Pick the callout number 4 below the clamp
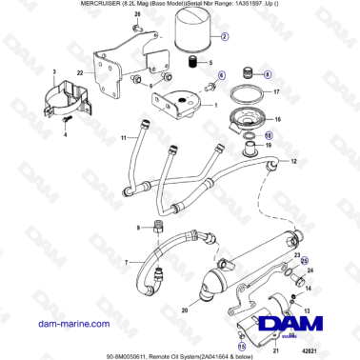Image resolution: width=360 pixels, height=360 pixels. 65,135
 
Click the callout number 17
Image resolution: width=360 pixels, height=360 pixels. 276,93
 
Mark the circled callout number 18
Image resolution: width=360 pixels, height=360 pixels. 269,137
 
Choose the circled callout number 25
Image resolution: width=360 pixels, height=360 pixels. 305,261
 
